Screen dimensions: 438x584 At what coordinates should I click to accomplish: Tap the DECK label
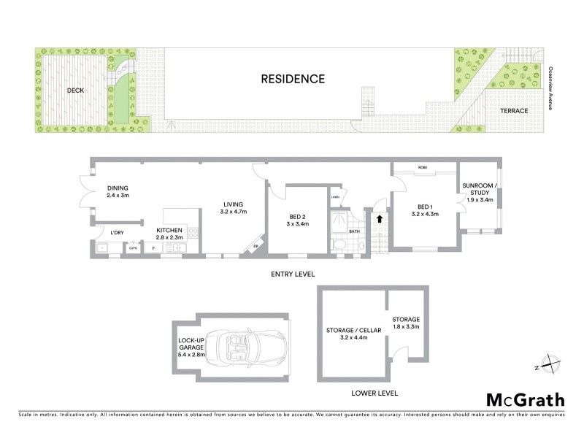[x=76, y=91]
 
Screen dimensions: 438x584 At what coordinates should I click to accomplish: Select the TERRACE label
[x=514, y=110]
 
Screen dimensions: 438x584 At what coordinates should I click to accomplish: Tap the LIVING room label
[x=234, y=208]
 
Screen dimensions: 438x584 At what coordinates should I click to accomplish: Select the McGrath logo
[x=525, y=399]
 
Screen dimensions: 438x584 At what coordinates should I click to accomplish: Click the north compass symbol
[x=546, y=366]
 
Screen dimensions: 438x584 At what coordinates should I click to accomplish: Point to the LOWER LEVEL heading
[x=374, y=393]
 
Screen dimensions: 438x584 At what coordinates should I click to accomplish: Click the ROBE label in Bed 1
[x=423, y=167]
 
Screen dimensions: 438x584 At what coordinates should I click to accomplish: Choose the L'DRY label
[x=117, y=234]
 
